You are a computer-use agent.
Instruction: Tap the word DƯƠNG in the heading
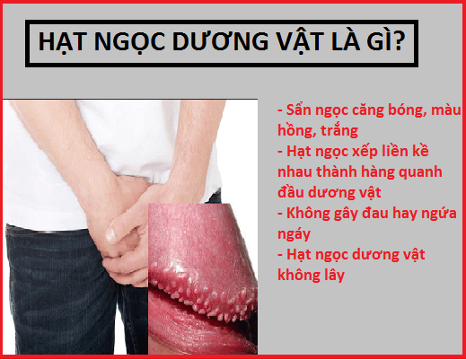[x=220, y=40]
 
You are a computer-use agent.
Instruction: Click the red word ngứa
[x=439, y=214]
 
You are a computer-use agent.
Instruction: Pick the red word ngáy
[x=294, y=234]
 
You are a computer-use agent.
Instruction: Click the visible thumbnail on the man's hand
[x=110, y=235]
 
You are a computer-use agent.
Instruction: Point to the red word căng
[x=367, y=111]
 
